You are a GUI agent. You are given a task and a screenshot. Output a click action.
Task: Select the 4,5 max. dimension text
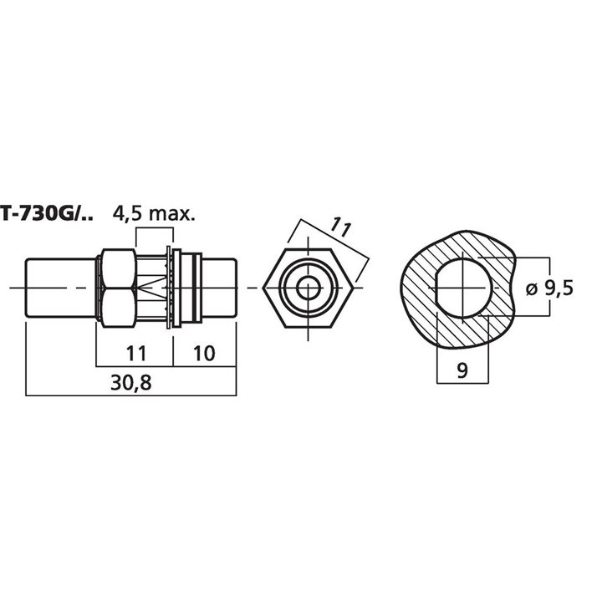154,213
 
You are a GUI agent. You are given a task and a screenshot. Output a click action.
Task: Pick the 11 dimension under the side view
135,352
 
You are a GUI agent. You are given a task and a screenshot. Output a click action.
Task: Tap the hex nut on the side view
117,288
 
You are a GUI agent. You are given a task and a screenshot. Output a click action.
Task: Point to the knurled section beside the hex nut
151,288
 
